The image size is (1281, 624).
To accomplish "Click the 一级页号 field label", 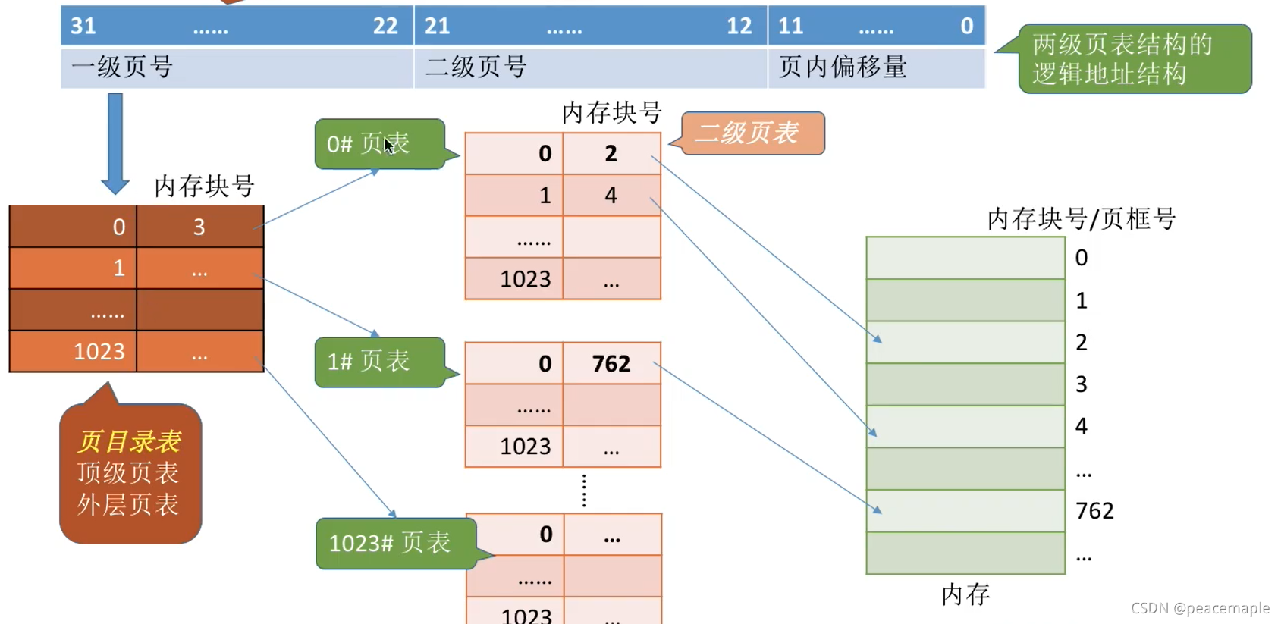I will click(123, 67).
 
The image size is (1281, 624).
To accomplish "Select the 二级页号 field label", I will click(476, 67).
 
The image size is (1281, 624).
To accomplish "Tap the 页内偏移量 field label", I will click(843, 67).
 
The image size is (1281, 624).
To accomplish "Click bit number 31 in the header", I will click(83, 26).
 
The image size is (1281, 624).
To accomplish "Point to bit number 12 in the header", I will click(739, 26).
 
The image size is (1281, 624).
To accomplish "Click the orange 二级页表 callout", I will click(751, 133).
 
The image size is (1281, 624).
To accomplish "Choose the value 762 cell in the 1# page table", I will click(611, 364).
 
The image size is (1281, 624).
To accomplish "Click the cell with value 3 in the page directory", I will click(199, 227).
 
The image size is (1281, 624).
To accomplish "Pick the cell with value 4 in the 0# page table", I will click(611, 196).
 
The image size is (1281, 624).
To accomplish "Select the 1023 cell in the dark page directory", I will click(99, 352).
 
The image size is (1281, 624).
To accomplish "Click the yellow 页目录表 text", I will click(129, 441).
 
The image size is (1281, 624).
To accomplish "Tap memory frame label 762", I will click(1094, 511).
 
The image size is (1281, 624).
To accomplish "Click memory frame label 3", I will click(1082, 384).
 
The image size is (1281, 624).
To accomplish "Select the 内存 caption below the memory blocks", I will click(965, 594).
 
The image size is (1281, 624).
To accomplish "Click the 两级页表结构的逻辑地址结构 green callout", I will click(1134, 59).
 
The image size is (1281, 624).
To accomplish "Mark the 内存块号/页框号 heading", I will click(1082, 219).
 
